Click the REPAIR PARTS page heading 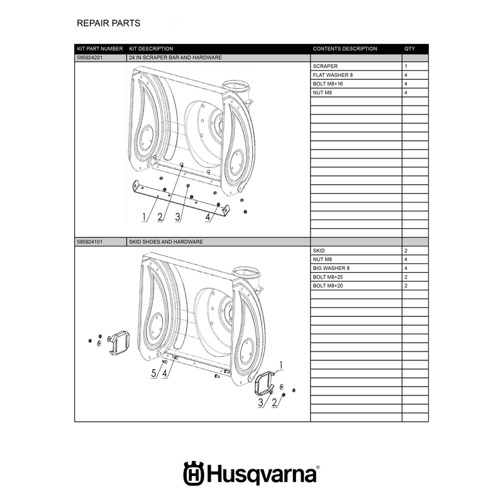tap(108, 23)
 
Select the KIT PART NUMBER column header tap(100, 49)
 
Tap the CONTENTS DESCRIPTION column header tap(345, 49)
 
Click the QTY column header tap(409, 49)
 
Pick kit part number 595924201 tap(90, 58)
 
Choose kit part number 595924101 tap(90, 242)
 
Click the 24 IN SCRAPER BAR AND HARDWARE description tap(175, 58)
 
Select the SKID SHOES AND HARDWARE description tap(166, 242)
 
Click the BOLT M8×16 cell tap(328, 84)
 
